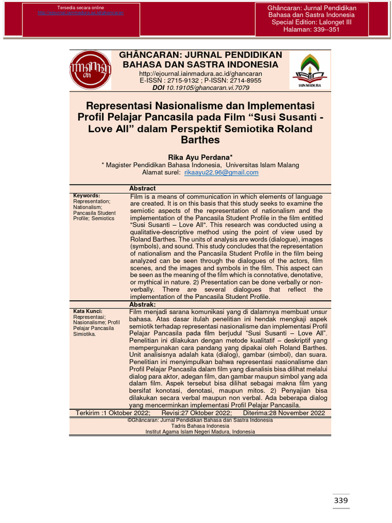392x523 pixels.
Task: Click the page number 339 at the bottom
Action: click(x=340, y=501)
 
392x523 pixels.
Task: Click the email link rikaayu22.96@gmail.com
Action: click(x=221, y=173)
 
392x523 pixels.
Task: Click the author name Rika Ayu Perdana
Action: click(x=200, y=157)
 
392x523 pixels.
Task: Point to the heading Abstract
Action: click(x=142, y=188)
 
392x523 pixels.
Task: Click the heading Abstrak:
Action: click(x=142, y=304)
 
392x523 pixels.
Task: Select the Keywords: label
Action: click(x=87, y=196)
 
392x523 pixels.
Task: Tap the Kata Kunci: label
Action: click(x=88, y=311)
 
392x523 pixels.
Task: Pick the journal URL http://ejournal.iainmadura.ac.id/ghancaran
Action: click(x=200, y=74)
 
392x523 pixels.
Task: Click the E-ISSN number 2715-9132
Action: click(x=187, y=81)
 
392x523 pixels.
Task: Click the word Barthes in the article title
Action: click(x=200, y=139)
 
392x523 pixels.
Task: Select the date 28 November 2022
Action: click(x=298, y=413)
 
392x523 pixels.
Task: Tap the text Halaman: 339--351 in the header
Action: click(x=311, y=30)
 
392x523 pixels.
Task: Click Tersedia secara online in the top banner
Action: click(x=80, y=8)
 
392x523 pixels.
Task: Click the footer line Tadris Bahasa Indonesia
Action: click(x=200, y=426)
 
